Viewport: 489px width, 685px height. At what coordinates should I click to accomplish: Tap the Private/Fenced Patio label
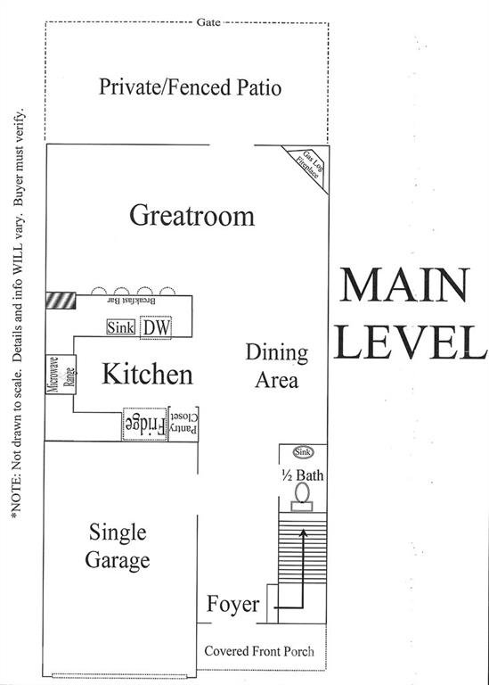point(190,87)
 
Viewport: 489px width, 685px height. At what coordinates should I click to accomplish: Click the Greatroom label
point(192,216)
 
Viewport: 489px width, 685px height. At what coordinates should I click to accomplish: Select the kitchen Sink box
point(120,328)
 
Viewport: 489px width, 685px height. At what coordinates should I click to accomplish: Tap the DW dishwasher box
point(156,328)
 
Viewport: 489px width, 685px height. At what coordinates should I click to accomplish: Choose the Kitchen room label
point(147,374)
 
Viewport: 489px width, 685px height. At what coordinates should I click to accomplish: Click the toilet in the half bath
point(303,492)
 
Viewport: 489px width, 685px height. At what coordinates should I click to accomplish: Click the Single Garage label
point(118,547)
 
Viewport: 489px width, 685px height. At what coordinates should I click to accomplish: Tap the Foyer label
point(232,605)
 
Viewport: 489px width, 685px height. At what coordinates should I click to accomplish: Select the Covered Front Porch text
point(259,651)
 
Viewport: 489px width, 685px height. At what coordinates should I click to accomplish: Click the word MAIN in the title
point(404,286)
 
